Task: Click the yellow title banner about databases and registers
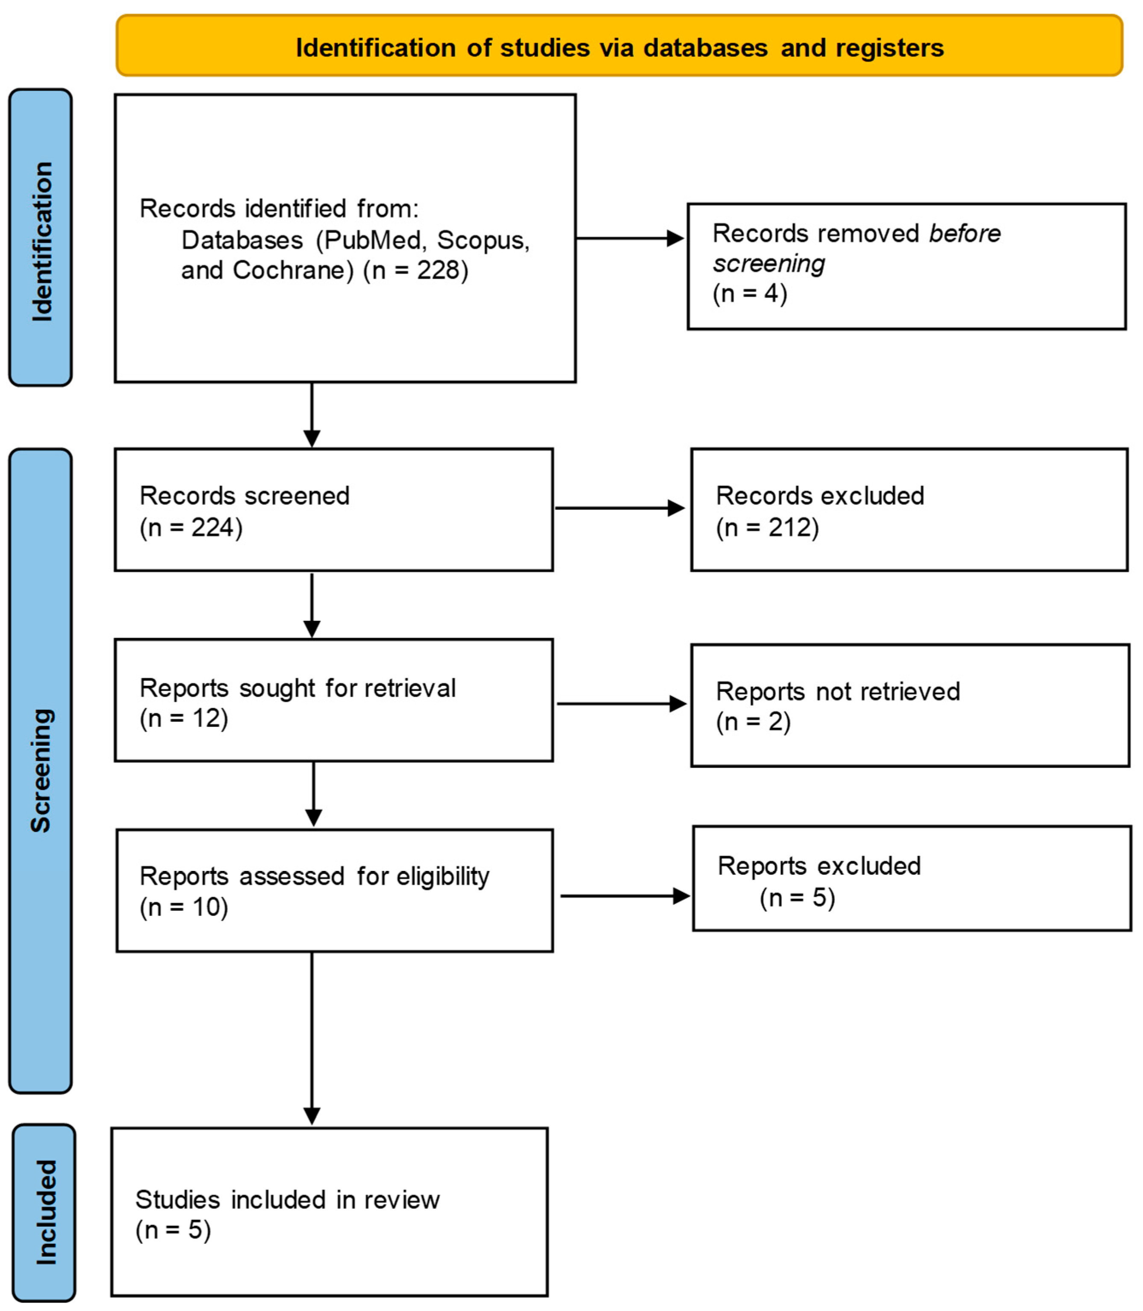(x=619, y=46)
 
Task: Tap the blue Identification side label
(x=40, y=237)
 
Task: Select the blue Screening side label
(x=40, y=770)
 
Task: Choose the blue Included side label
(x=44, y=1212)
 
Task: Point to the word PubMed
(x=372, y=240)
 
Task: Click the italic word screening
(x=769, y=263)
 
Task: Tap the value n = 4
(x=749, y=293)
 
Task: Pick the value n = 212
(x=767, y=528)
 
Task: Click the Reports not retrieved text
(x=837, y=691)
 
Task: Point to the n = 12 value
(x=184, y=719)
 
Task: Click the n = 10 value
(x=184, y=907)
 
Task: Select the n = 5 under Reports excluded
(x=797, y=898)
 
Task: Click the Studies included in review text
(x=287, y=1200)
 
